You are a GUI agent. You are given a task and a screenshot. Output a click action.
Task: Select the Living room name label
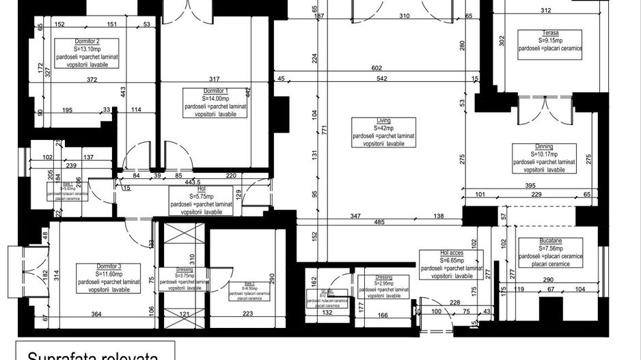(x=384, y=120)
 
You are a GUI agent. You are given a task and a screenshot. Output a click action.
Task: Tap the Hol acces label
(x=452, y=253)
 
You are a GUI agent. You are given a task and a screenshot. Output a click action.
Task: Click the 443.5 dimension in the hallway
(x=191, y=182)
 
